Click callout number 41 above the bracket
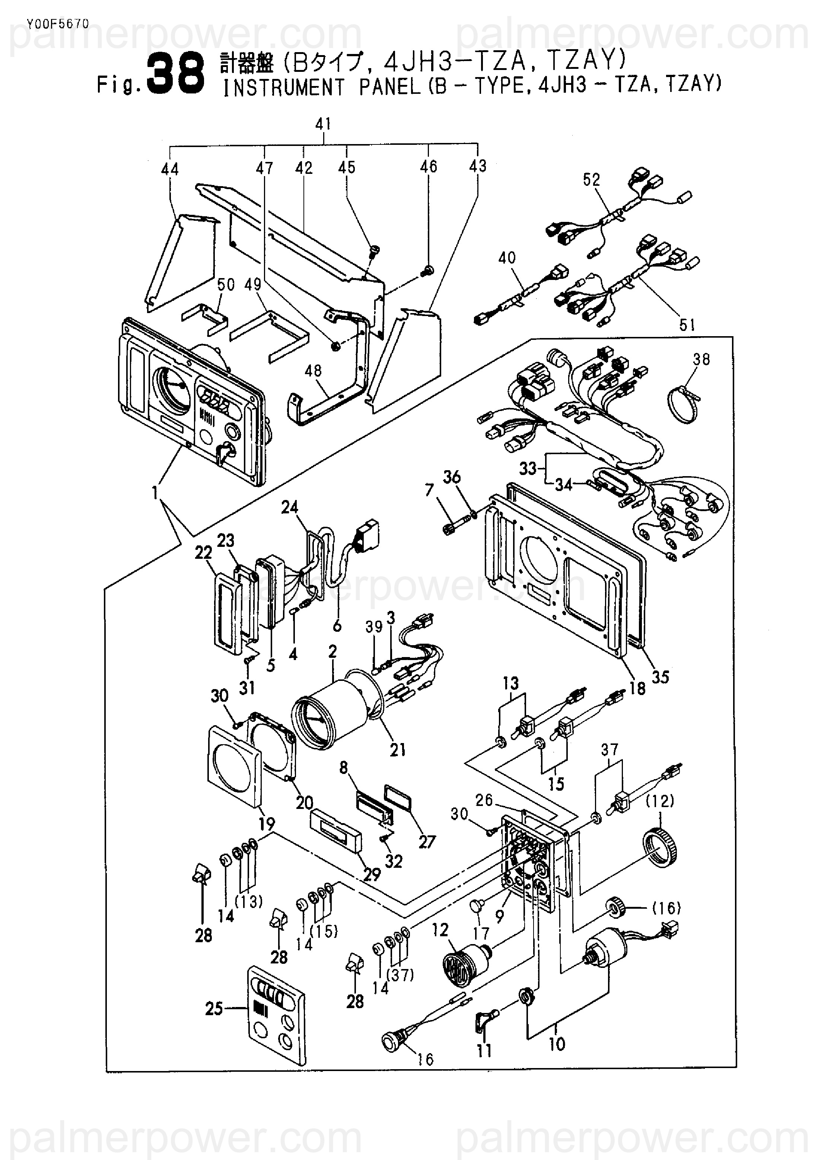tap(323, 124)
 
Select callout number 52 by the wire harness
tap(591, 179)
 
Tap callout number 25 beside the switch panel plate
tap(214, 1009)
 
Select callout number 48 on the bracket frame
tap(313, 370)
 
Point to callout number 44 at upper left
tap(170, 169)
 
